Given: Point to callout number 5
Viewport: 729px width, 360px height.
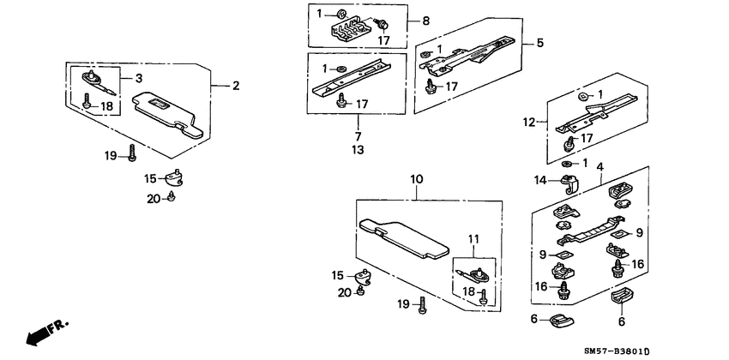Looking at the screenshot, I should click(539, 42).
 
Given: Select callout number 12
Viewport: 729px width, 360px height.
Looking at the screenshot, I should click(531, 123).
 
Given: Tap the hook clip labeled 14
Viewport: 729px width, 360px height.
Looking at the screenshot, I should click(569, 183).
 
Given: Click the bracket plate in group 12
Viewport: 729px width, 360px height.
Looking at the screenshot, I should click(596, 116).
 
